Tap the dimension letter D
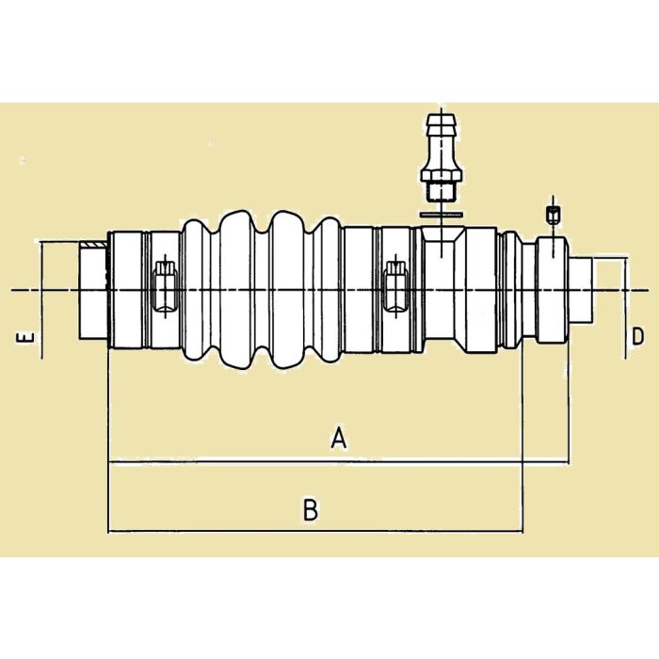[637, 336]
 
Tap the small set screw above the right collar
[554, 215]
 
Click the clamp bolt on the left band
[163, 288]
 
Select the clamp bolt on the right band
[396, 286]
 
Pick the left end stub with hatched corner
[93, 292]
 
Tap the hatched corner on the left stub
[92, 248]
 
